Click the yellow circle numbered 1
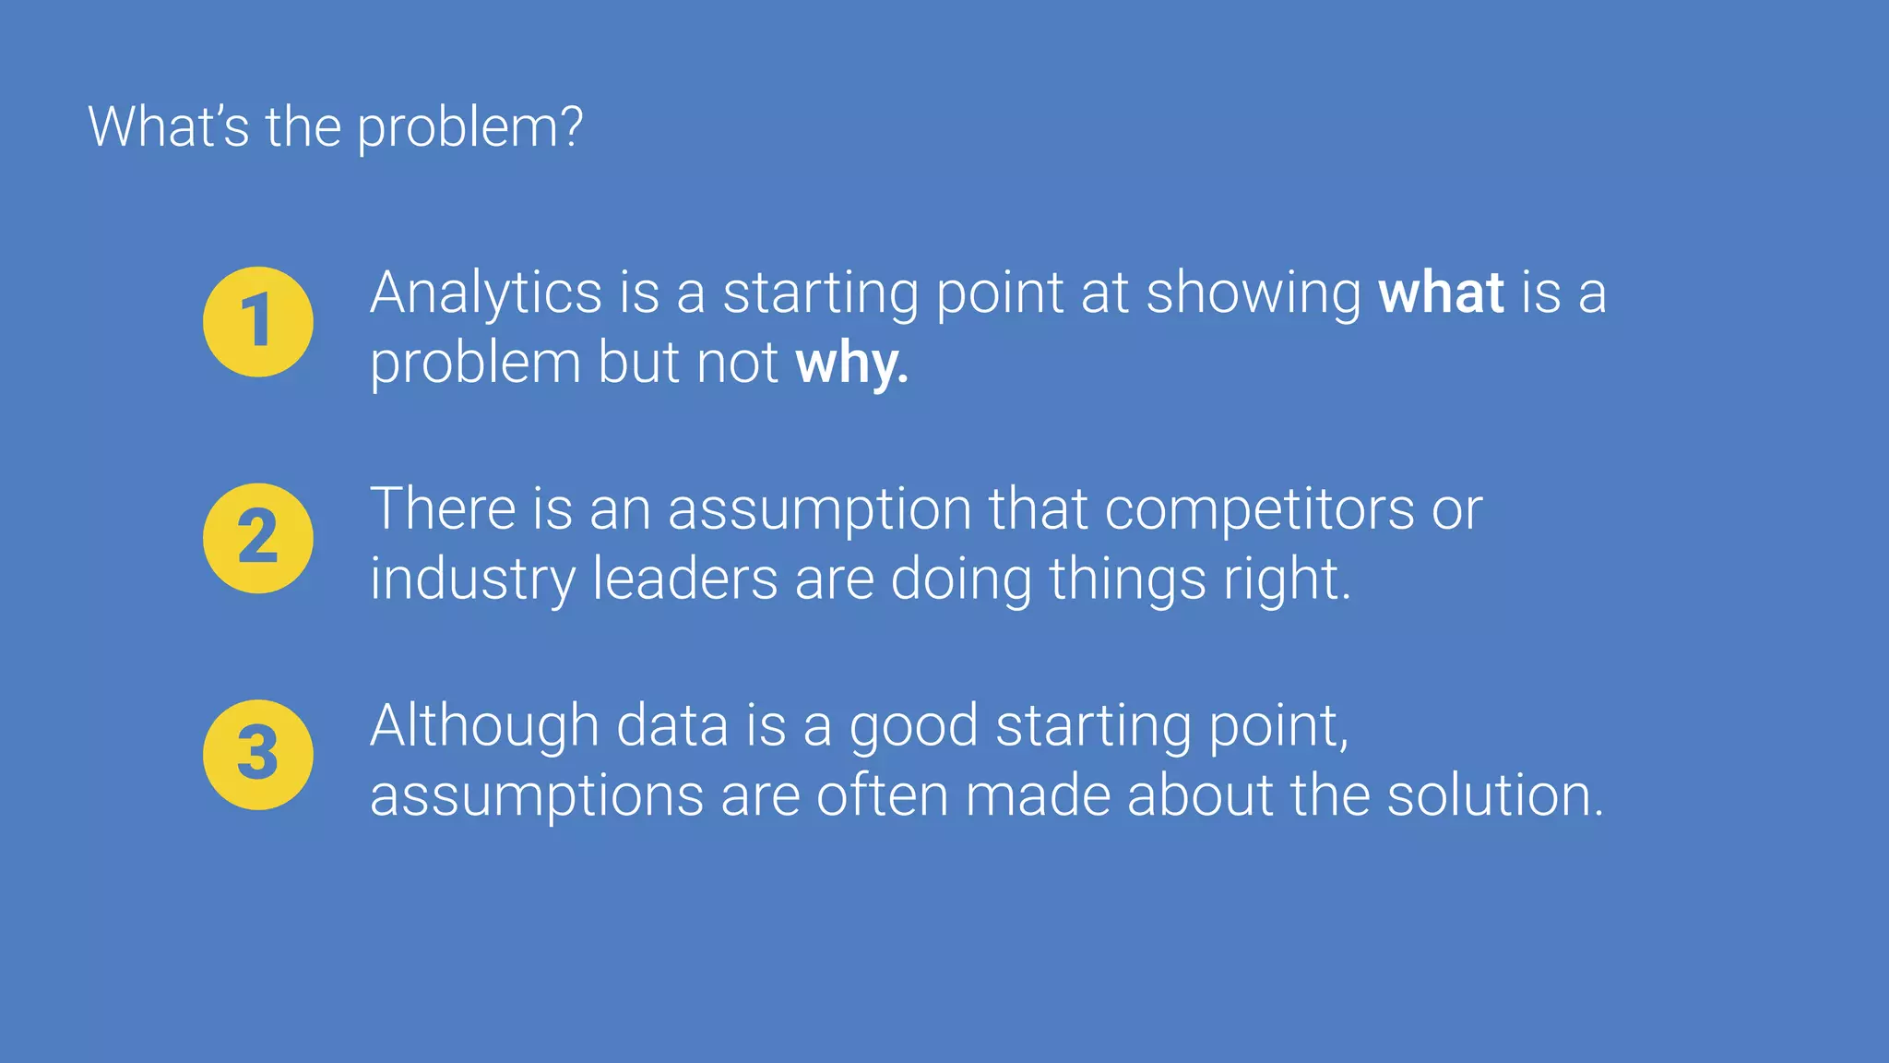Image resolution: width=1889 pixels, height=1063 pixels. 258,322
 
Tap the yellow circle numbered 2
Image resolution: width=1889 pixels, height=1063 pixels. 258,538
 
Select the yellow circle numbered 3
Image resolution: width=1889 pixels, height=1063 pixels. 258,755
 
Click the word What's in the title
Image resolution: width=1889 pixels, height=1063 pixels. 168,126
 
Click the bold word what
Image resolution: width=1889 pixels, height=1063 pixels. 1441,293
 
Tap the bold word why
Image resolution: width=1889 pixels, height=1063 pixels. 851,364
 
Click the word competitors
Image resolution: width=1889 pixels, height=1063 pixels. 1259,510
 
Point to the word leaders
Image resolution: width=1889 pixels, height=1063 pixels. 685,579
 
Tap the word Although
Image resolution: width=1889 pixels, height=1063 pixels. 484,726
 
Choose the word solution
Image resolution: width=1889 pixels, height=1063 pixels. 1494,795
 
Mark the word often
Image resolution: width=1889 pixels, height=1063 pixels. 882,795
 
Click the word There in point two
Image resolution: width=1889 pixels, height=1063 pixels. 443,509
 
